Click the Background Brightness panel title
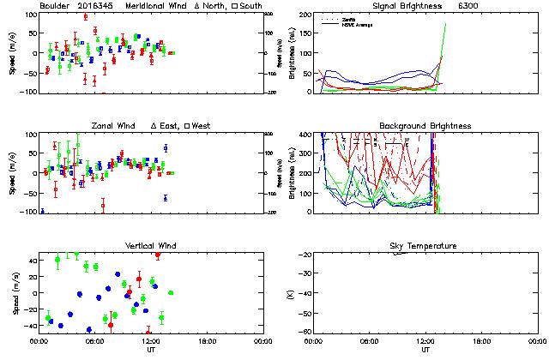(x=425, y=126)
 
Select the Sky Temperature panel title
(x=425, y=246)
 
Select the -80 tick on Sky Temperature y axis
(x=305, y=333)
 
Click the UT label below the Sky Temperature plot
(x=425, y=350)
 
